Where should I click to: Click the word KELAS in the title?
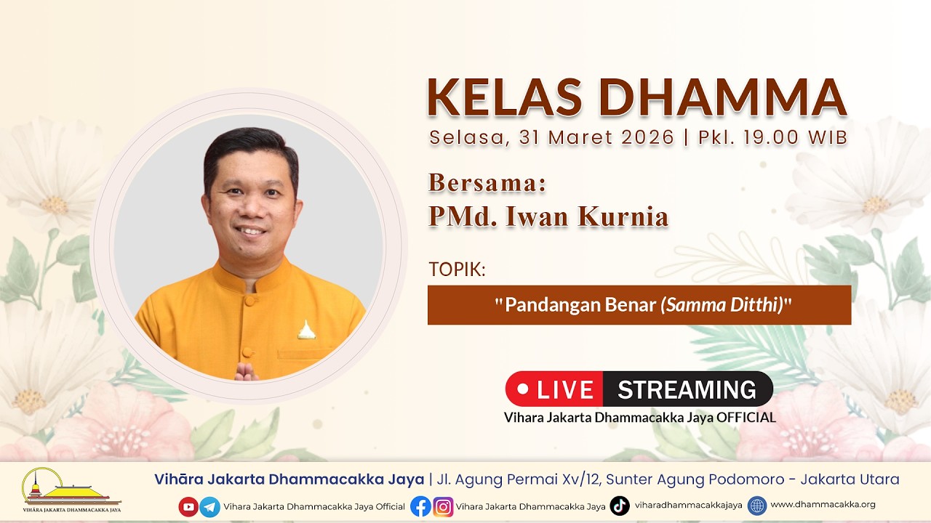coord(504,97)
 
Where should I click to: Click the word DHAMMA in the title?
coord(723,97)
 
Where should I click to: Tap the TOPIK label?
coord(457,269)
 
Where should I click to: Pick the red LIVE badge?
coord(554,389)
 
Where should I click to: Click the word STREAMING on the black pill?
coord(687,389)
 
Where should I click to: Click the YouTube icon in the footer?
coord(188,506)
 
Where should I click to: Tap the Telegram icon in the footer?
coord(210,506)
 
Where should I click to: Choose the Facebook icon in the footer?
coord(420,506)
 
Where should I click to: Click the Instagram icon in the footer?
coord(443,506)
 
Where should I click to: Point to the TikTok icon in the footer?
coord(620,506)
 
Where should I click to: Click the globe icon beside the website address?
coord(757,506)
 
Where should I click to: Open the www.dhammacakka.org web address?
coord(823,504)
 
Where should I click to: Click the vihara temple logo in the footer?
coord(71,490)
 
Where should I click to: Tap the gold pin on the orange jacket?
coord(306,330)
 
